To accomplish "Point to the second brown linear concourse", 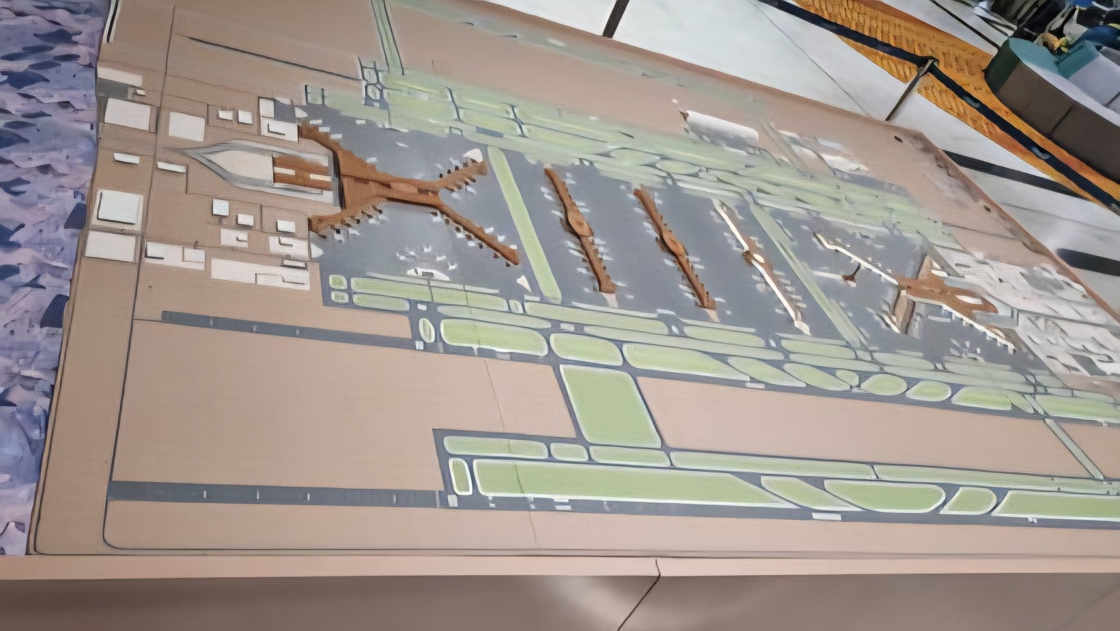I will (x=673, y=248).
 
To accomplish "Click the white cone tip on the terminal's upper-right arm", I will (x=474, y=156).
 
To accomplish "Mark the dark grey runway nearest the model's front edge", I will (x=269, y=493).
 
